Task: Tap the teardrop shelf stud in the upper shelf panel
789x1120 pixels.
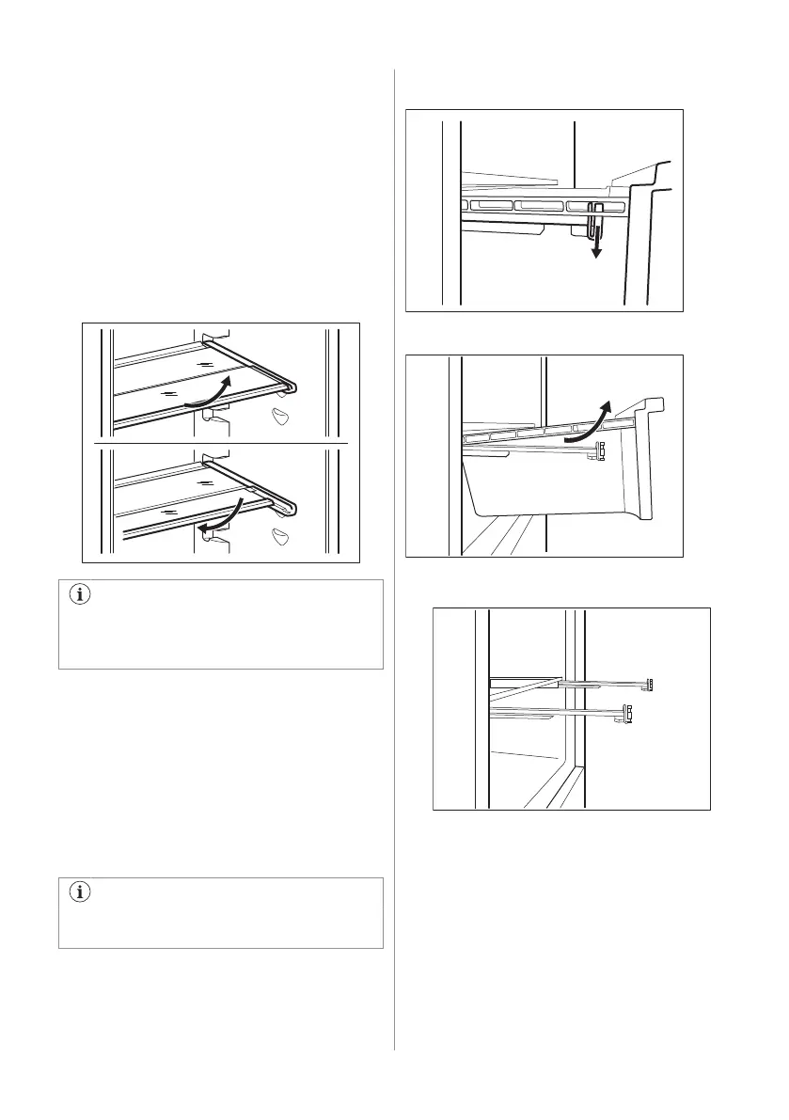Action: (280, 418)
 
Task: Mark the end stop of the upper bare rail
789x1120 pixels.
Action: (649, 684)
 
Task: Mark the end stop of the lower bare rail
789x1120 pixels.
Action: (628, 714)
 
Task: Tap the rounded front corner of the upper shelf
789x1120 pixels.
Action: (293, 385)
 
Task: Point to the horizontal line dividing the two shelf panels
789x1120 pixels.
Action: (222, 441)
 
